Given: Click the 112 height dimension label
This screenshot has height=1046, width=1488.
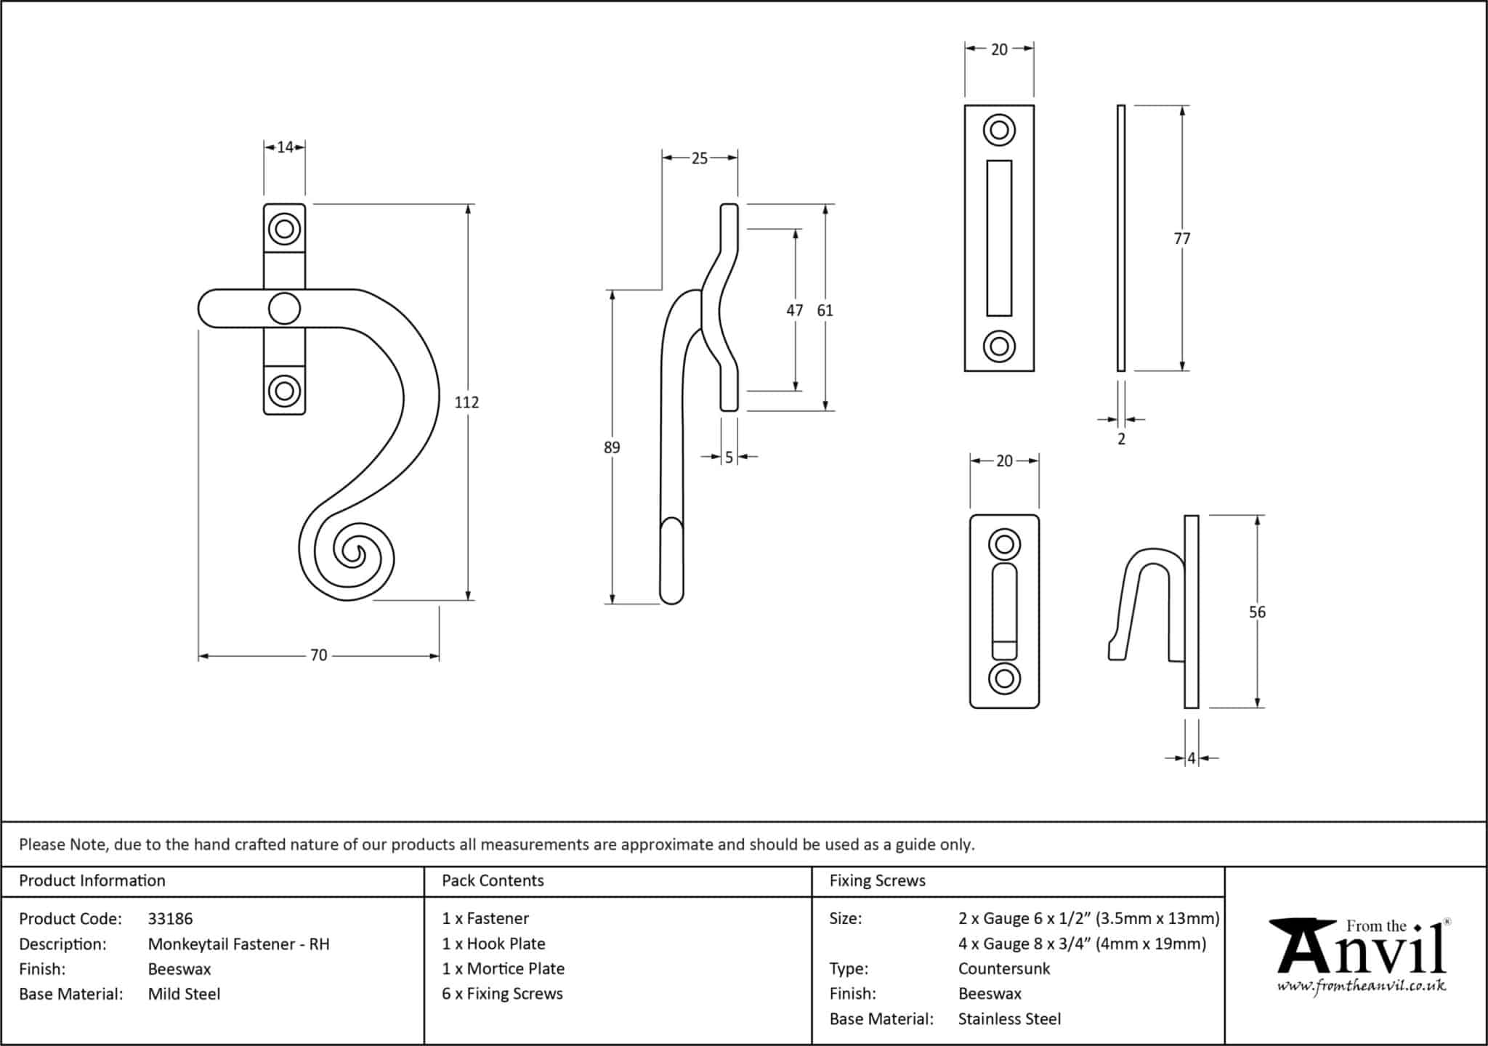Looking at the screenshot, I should tap(466, 402).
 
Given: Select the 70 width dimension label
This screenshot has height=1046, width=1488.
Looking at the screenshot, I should tap(318, 655).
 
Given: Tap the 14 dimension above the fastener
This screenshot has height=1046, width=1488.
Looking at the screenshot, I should tap(285, 147).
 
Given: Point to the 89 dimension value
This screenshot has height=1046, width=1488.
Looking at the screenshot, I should tap(612, 447).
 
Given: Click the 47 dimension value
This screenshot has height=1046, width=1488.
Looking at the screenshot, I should tap(795, 311).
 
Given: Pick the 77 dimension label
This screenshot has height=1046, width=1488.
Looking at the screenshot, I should tap(1182, 238).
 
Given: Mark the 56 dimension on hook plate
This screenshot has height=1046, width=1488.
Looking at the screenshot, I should tap(1257, 612).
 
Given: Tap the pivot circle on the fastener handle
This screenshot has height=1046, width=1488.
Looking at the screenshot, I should tap(284, 309).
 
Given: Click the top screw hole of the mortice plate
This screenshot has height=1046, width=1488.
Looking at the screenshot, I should tap(999, 131).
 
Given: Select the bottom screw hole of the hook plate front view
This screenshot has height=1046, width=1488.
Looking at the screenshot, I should tap(1004, 679).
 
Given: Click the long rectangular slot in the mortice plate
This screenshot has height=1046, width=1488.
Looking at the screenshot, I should tap(999, 238).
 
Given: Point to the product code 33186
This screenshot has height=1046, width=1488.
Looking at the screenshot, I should tap(170, 919).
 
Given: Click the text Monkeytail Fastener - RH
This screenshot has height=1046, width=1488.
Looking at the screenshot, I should tap(238, 944).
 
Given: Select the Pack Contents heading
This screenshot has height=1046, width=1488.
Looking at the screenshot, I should tap(493, 881).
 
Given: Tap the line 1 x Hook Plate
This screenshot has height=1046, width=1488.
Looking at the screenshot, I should tap(493, 944).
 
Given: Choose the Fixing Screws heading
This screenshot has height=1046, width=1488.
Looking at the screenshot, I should tap(877, 881).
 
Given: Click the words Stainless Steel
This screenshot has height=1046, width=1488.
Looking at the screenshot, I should tap(1009, 1019).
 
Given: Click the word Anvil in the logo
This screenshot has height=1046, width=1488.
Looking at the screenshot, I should tap(1362, 952).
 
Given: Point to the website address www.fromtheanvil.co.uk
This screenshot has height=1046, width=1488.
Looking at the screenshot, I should tap(1362, 986).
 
